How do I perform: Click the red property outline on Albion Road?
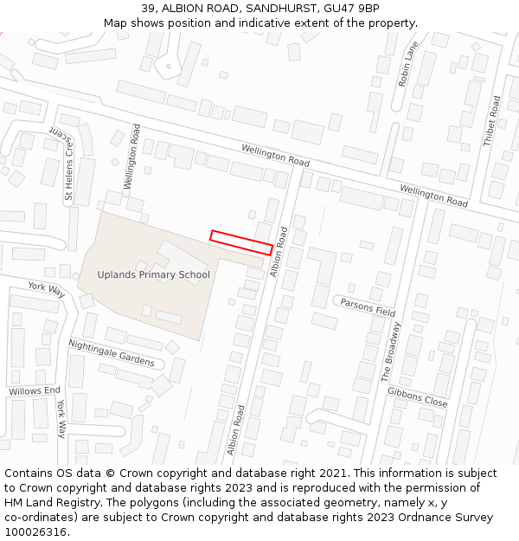[241, 242]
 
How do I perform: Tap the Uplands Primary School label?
[153, 275]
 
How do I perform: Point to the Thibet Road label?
[492, 120]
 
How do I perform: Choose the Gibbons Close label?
[418, 396]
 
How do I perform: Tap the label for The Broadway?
[392, 351]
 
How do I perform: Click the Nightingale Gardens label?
[112, 353]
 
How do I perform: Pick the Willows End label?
[35, 391]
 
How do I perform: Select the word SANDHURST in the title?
[265, 9]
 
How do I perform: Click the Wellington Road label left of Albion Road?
[275, 156]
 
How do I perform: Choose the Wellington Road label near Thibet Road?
[433, 195]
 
